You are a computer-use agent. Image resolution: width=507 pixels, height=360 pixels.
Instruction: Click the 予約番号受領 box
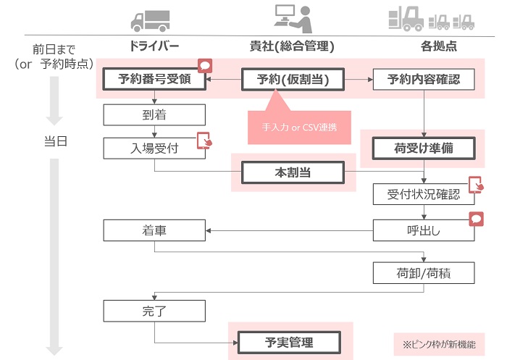[154, 79]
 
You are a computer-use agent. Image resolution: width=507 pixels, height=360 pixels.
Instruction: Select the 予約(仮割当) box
[293, 79]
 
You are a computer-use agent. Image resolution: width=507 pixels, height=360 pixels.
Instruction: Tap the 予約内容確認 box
[424, 79]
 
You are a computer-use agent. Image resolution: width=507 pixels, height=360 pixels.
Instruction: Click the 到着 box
[154, 115]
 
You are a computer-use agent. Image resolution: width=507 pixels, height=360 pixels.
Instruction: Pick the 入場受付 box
[154, 148]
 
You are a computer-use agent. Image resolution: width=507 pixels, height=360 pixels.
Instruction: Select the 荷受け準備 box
[424, 148]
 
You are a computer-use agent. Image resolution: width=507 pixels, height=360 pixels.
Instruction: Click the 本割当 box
[293, 172]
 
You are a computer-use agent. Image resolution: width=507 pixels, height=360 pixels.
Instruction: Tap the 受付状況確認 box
[424, 194]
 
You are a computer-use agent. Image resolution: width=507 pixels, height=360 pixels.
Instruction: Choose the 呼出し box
[424, 230]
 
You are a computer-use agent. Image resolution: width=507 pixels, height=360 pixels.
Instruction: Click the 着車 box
[154, 230]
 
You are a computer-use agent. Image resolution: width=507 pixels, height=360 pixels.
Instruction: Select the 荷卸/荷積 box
[424, 273]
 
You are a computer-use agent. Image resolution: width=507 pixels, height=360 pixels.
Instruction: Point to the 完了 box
[154, 311]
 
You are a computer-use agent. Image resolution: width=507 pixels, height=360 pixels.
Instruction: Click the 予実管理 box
[289, 343]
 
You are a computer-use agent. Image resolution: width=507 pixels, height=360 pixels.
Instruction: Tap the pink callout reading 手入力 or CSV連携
[299, 127]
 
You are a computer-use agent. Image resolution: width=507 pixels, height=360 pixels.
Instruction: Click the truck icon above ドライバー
[151, 21]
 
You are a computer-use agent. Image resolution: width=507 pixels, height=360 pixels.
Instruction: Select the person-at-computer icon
[293, 18]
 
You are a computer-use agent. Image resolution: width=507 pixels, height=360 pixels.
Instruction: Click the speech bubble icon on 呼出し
[477, 219]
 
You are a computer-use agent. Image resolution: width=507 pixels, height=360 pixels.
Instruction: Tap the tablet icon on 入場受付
[204, 141]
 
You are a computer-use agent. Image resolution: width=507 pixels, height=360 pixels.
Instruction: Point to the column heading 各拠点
[439, 46]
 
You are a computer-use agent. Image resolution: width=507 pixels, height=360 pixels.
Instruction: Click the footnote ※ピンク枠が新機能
[439, 345]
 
